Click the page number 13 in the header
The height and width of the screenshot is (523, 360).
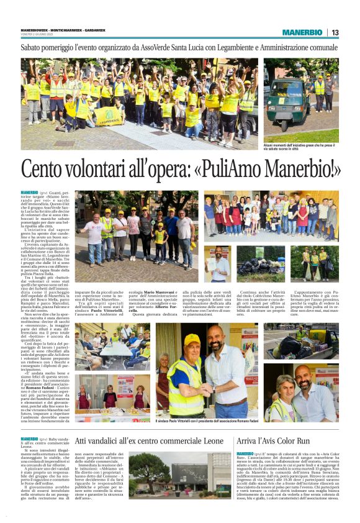335,32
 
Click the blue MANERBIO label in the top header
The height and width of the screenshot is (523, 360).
302,32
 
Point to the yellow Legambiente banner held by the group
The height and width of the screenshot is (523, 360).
110,116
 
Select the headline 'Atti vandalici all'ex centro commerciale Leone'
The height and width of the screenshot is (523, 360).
149,440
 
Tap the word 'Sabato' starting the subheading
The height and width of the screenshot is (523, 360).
35,47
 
